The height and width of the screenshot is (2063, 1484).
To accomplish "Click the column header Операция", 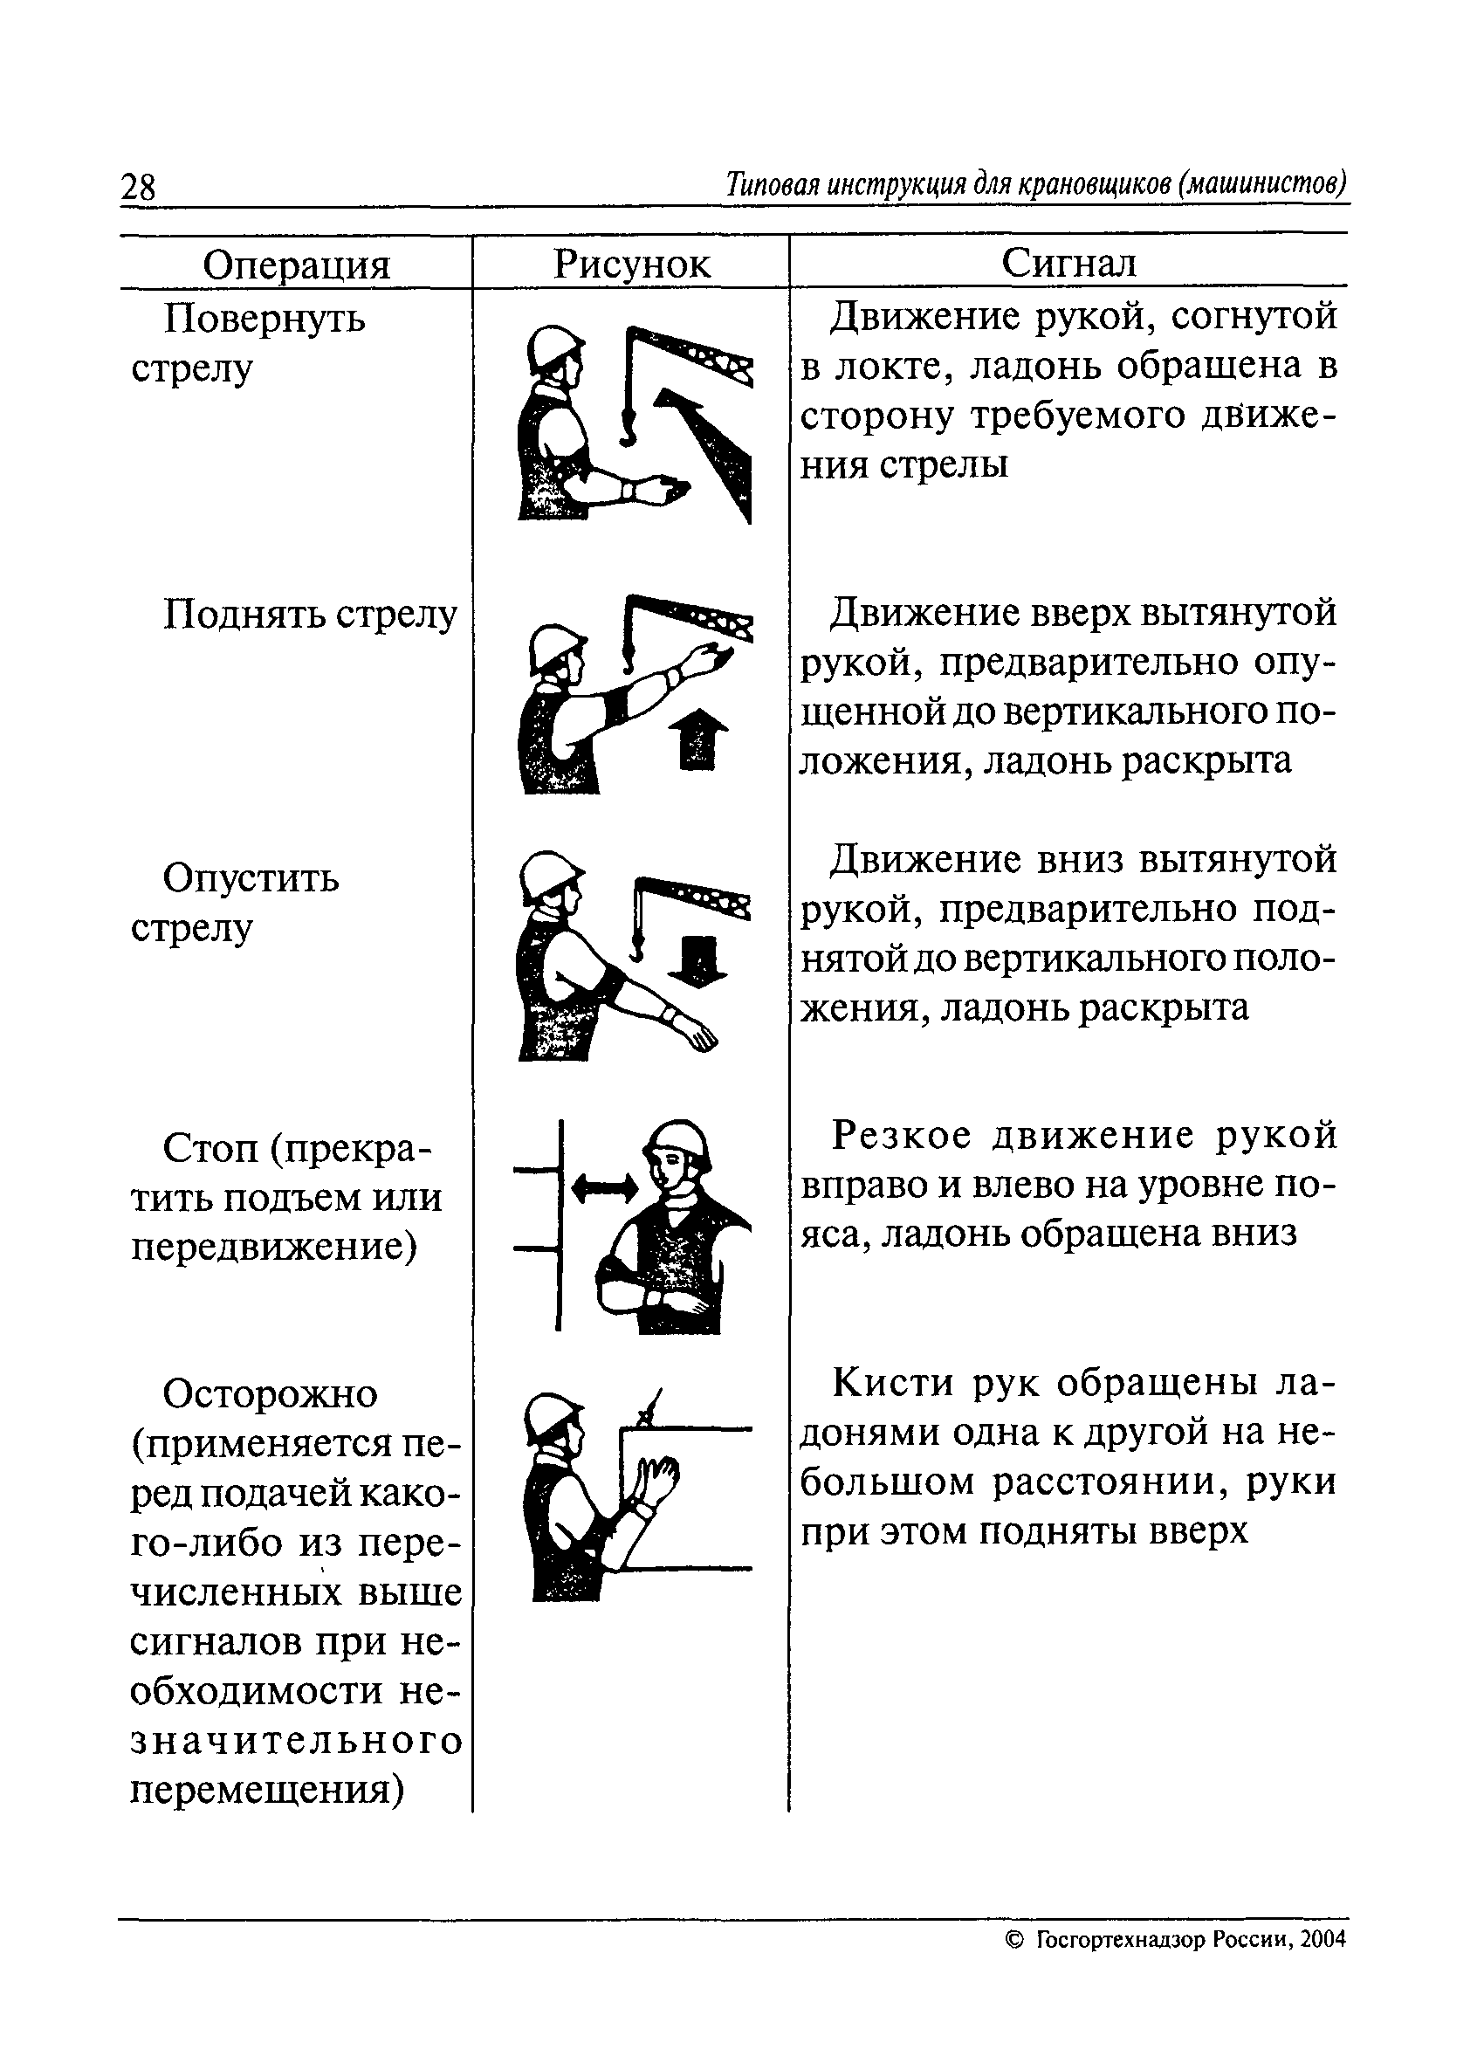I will (297, 265).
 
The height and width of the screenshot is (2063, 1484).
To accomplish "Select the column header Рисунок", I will (631, 264).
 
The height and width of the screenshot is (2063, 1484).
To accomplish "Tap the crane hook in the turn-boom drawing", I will (627, 427).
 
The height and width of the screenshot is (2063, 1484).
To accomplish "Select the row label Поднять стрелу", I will (310, 615).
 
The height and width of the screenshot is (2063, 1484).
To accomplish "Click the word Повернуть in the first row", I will (264, 320).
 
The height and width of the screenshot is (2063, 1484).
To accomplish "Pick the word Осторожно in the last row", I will (270, 1394).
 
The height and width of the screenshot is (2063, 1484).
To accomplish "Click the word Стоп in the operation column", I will (212, 1150).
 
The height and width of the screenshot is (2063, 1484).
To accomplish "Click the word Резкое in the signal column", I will (902, 1135).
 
